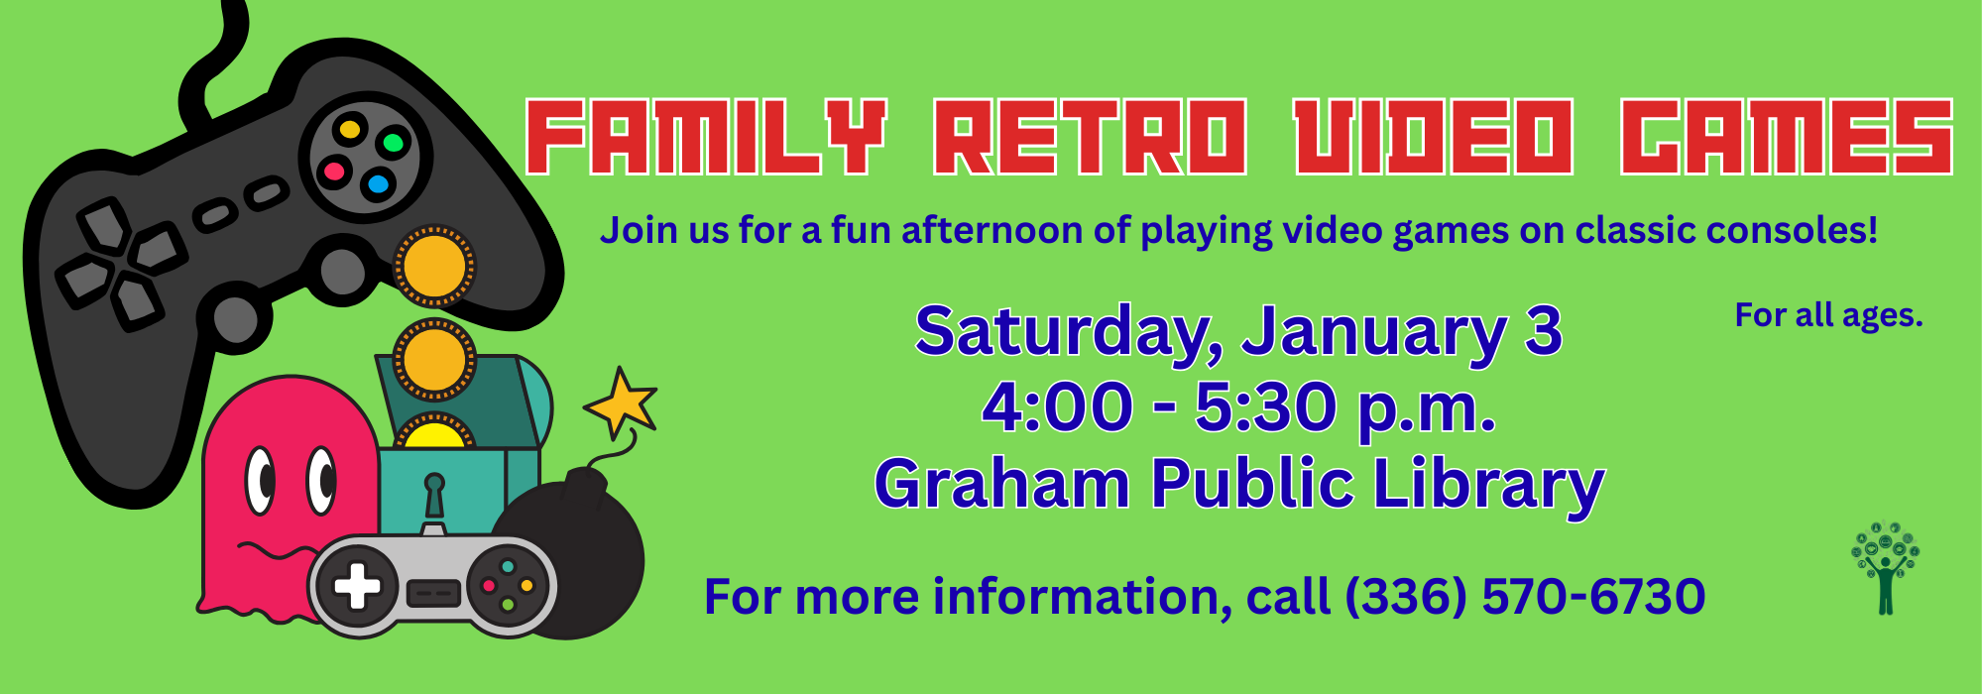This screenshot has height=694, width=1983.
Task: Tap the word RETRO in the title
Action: click(x=1090, y=137)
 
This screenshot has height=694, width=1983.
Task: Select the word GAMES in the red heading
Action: click(x=1787, y=137)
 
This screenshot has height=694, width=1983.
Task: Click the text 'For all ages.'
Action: click(x=1828, y=315)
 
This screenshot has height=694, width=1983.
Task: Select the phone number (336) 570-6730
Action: click(x=1525, y=597)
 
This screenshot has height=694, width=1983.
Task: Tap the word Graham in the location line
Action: click(x=1002, y=484)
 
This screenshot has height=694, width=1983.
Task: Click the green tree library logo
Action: click(x=1885, y=568)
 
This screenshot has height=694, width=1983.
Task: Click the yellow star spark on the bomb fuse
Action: click(x=622, y=403)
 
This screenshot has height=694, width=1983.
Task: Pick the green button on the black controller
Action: click(x=394, y=143)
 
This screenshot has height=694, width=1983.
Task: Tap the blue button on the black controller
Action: click(x=377, y=184)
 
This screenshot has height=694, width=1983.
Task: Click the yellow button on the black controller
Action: click(x=349, y=129)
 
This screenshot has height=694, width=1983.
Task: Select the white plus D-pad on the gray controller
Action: click(x=357, y=586)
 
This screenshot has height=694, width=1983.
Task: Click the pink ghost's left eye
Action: click(x=260, y=481)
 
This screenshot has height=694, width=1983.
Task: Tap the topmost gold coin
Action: click(x=433, y=266)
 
